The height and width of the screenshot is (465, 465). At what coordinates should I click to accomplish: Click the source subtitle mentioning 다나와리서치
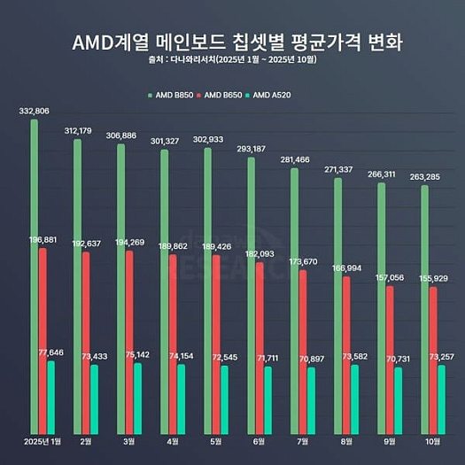[232, 62]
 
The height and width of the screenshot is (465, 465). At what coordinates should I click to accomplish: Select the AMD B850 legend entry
[174, 94]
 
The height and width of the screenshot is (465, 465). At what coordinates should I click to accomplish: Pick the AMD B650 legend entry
[226, 94]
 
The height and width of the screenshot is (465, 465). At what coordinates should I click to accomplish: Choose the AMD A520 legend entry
[278, 94]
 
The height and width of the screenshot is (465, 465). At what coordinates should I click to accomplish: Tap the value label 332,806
[34, 111]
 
